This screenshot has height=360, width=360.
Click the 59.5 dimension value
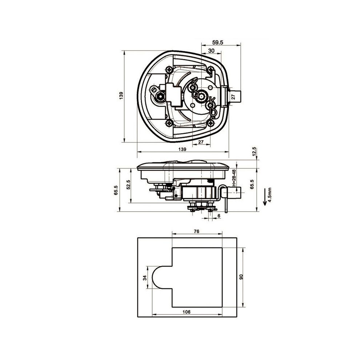pyautogui.click(x=218, y=43)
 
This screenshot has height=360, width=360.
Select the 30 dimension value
pyautogui.click(x=211, y=51)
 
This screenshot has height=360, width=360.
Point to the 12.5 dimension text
pyautogui.click(x=254, y=152)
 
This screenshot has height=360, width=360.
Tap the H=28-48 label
pyautogui.click(x=234, y=178)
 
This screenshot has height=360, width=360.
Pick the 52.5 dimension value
pyautogui.click(x=129, y=184)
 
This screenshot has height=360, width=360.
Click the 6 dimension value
pyautogui.click(x=219, y=216)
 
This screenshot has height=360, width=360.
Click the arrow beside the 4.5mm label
pyautogui.click(x=265, y=197)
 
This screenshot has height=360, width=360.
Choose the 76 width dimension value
pyautogui.click(x=196, y=231)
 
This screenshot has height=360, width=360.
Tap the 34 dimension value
pyautogui.click(x=145, y=278)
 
